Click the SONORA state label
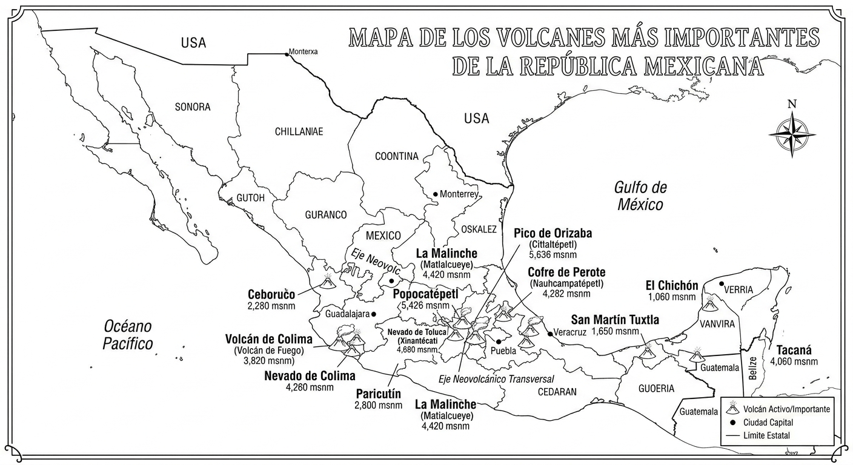(x=193, y=107)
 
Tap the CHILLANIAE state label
(x=299, y=131)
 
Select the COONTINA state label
(x=397, y=156)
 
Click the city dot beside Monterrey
(x=435, y=194)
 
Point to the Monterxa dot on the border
(x=287, y=54)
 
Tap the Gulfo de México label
(x=640, y=196)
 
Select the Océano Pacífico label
(x=127, y=335)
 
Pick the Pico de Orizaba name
(x=553, y=234)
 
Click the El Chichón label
(x=672, y=286)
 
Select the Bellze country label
(x=752, y=368)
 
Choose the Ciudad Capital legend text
(x=768, y=423)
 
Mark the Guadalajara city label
(x=347, y=314)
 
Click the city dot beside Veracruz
(x=549, y=334)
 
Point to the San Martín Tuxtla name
(x=615, y=320)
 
